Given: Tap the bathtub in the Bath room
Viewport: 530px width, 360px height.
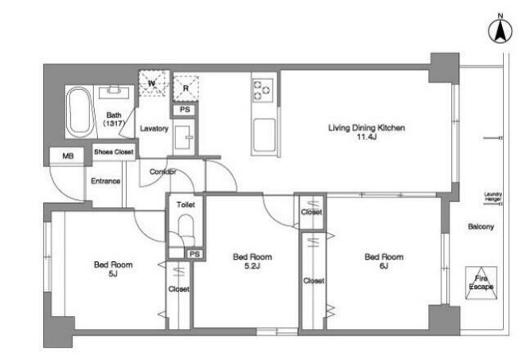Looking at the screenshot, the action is coord(79,112).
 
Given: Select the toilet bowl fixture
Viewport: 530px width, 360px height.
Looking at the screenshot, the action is coord(186,228).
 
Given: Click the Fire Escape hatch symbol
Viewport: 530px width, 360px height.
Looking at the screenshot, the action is coord(481,283).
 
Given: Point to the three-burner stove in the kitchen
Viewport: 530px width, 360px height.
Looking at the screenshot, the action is coord(263,91).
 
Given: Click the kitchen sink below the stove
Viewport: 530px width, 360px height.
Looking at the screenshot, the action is coord(264,135).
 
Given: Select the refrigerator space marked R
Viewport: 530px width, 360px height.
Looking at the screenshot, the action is coord(186,88).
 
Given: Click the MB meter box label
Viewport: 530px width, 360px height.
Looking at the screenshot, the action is coord(68,156).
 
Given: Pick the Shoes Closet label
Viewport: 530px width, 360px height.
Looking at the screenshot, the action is coord(113,152).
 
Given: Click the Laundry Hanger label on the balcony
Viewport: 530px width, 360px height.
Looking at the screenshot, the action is coord(493,197).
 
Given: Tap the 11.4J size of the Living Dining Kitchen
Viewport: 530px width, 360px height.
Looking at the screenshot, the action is coord(367,137).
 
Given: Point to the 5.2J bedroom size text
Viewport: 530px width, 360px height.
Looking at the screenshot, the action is coord(252,266).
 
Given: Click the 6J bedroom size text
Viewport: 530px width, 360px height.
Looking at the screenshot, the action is coord(383,266).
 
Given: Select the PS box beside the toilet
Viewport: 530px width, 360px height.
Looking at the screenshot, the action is coord(194,254).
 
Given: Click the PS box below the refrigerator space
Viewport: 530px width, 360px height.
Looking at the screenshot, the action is coord(185,110).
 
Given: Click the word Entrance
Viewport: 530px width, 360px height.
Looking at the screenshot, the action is coord(105,181).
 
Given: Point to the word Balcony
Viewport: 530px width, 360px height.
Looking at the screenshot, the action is coord(481,227).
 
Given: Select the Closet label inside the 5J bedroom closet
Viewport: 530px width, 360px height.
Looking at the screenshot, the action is coord(179,289).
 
